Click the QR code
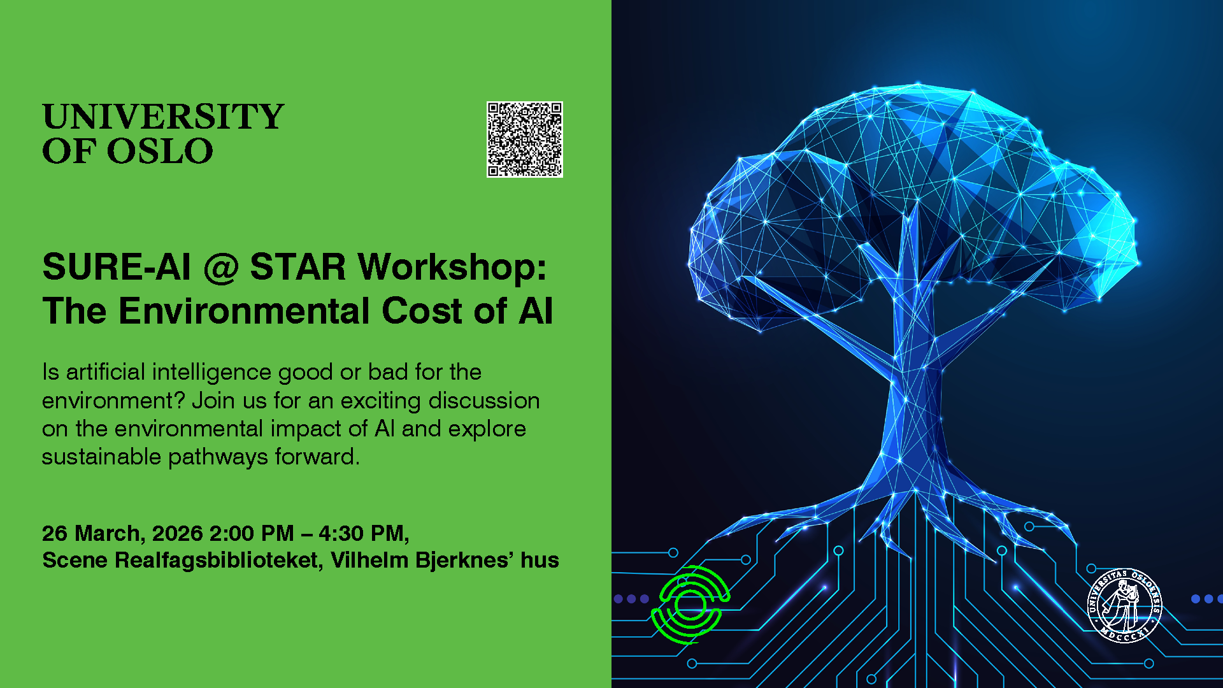pyautogui.click(x=525, y=140)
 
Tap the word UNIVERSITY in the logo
pyautogui.click(x=163, y=117)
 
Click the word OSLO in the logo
pyautogui.click(x=160, y=151)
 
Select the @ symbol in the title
pyautogui.click(x=220, y=267)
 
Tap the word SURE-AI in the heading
pyautogui.click(x=117, y=267)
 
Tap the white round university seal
pyautogui.click(x=1124, y=605)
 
